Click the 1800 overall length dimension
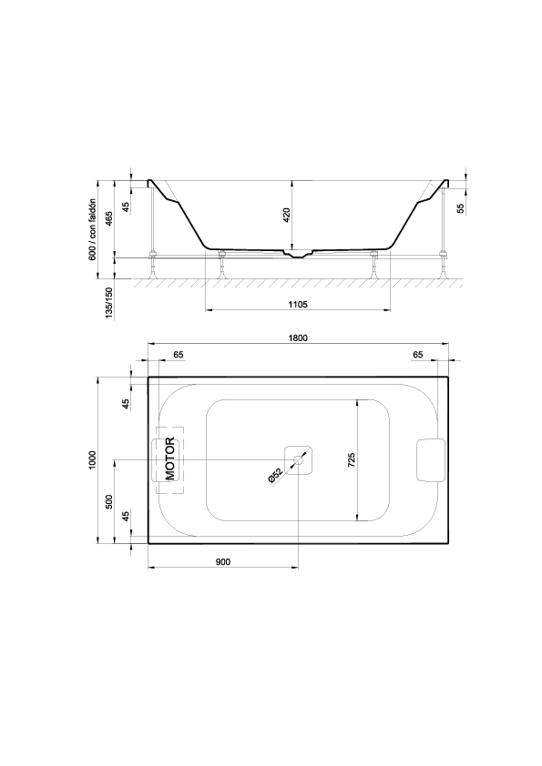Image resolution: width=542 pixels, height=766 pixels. coord(298,338)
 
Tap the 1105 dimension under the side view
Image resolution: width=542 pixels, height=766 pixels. coord(298,305)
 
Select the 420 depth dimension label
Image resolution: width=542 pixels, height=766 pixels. coord(287,216)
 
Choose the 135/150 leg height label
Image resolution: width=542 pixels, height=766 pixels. coord(109,303)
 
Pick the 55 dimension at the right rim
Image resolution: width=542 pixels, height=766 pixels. coord(460,208)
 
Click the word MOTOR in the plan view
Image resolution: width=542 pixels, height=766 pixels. coord(169,459)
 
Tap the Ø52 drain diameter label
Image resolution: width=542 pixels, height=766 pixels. coord(276,476)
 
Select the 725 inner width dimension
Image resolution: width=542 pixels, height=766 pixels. coord(352,460)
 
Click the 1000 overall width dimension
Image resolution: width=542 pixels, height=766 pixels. coord(93,459)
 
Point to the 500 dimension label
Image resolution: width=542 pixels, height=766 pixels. coord(109,501)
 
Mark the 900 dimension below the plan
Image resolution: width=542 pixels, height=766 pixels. coord(222,562)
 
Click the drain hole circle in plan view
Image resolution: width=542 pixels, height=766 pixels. coord(298,459)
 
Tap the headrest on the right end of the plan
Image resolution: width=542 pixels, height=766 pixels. coord(431,459)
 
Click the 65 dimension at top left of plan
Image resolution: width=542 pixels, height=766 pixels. coord(179,355)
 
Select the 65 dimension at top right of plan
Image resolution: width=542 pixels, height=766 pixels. coord(417,355)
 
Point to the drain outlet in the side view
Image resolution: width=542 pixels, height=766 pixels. coord(298,254)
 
